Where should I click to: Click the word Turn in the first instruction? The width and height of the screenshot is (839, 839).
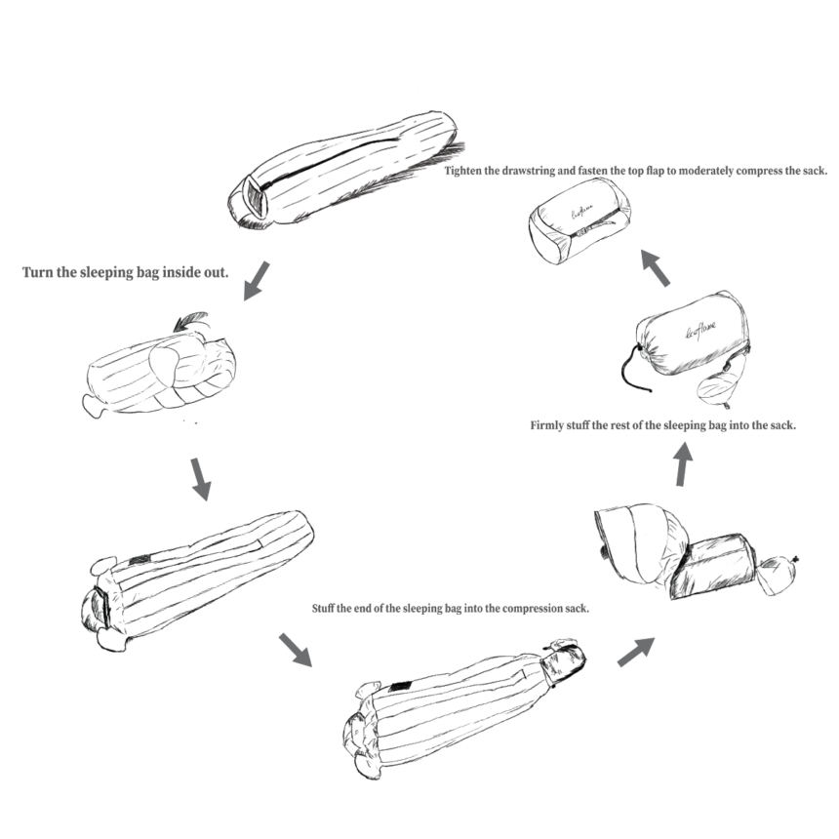pos(37,272)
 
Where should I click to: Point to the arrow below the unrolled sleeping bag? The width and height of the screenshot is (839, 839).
pos(257,281)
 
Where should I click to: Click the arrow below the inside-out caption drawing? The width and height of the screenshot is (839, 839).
pos(201,479)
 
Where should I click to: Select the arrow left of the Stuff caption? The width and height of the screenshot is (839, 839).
pos(295,650)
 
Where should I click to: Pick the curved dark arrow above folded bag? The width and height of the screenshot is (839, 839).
pos(191,320)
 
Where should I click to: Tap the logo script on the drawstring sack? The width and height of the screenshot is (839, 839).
pos(700,330)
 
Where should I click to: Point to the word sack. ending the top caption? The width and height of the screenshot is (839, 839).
pos(815,171)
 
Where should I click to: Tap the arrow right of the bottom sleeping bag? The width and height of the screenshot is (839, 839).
pos(636,652)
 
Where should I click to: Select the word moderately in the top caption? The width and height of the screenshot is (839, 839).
pos(699,171)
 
